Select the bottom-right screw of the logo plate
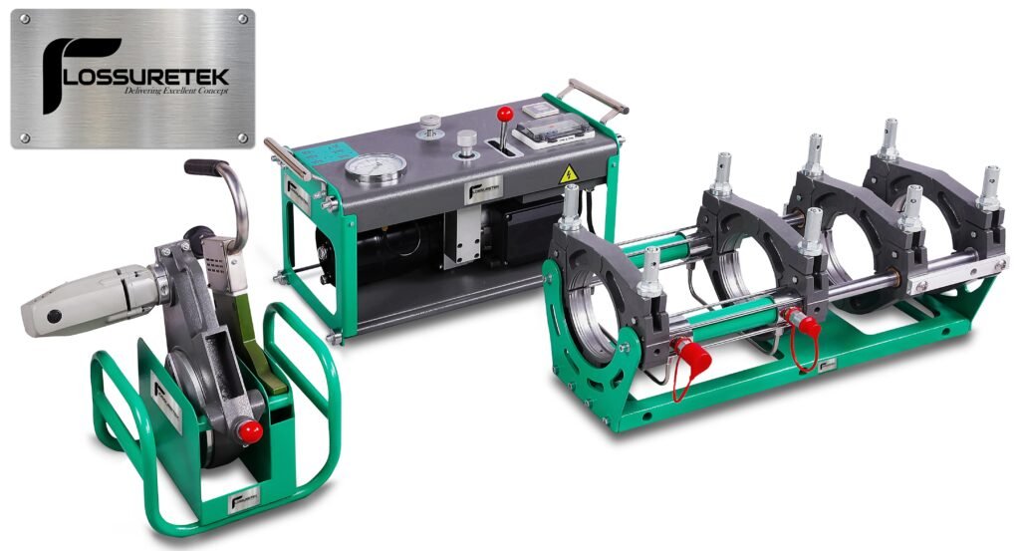coord(242,137)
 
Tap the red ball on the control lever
coord(505,113)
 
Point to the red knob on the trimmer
coord(250,430)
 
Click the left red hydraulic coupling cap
coord(690,354)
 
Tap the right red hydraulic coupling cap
coord(804,323)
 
